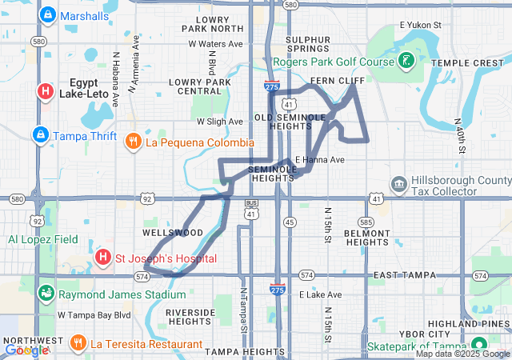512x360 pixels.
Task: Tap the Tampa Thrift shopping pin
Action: pyautogui.click(x=39, y=134)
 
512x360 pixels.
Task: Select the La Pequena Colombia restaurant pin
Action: pyautogui.click(x=134, y=142)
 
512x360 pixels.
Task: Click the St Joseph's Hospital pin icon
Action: pyautogui.click(x=102, y=258)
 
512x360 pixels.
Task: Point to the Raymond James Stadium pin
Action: pyautogui.click(x=46, y=294)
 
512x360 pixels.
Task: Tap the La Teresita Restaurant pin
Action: pyautogui.click(x=78, y=344)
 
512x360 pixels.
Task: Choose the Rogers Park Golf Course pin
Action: pyautogui.click(x=407, y=61)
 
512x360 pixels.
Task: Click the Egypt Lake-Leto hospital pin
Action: pyautogui.click(x=45, y=91)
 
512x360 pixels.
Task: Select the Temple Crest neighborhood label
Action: pyautogui.click(x=468, y=62)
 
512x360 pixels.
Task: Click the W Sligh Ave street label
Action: pyautogui.click(x=220, y=122)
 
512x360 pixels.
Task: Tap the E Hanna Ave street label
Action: pyautogui.click(x=320, y=160)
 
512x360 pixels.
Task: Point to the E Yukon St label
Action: pyautogui.click(x=420, y=26)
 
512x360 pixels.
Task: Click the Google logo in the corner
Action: pyautogui.click(x=26, y=350)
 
